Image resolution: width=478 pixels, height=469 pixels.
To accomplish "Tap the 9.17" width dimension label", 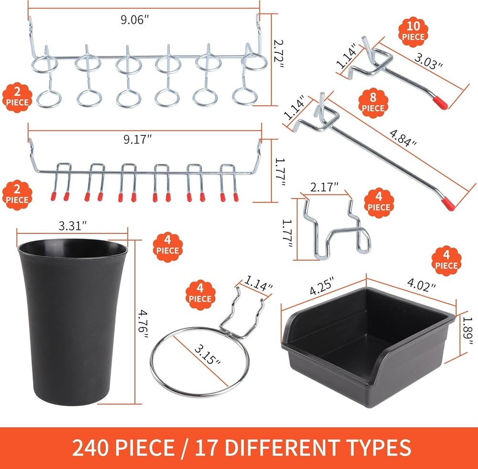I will tap(137, 141).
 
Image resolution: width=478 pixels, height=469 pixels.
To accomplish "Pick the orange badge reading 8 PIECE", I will tap(373, 102).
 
